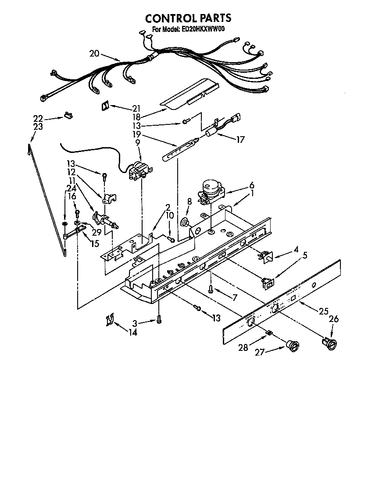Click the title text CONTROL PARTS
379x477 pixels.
pyautogui.click(x=188, y=18)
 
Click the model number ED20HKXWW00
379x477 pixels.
pyautogui.click(x=201, y=30)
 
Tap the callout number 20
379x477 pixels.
pyautogui.click(x=94, y=54)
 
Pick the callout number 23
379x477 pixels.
pyautogui.click(x=38, y=127)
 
